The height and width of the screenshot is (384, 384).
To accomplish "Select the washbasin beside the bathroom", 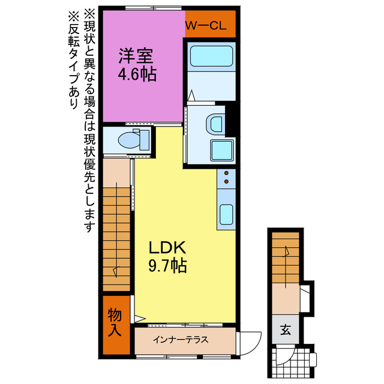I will (214, 124).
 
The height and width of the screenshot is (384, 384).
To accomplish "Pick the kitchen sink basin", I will (227, 213).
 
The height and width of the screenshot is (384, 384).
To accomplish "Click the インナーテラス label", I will (181, 340).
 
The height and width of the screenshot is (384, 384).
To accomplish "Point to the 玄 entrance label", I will (286, 329).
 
